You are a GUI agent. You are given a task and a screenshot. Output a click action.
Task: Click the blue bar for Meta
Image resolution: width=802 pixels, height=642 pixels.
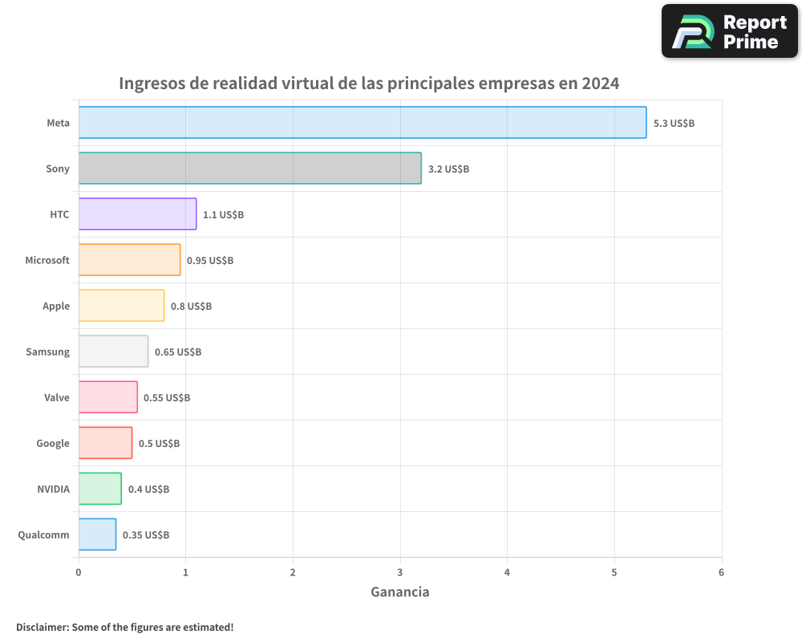pos(363,123)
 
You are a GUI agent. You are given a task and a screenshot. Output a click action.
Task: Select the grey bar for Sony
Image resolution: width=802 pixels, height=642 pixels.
pos(249,169)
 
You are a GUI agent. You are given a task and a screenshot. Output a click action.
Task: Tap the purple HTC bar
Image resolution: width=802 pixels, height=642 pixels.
pos(137,214)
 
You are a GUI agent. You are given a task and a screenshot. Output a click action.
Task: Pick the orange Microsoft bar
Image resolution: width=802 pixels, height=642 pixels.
pos(129,260)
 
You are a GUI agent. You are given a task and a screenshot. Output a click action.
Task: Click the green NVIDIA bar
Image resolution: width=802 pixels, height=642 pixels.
pos(100,489)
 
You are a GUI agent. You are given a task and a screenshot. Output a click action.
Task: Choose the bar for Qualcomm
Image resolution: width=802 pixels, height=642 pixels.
pos(97,534)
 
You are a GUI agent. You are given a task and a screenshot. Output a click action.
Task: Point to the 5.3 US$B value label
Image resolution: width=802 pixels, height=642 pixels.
pos(674,124)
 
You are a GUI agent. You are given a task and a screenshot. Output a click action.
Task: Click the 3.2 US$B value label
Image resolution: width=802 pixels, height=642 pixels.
pos(448,169)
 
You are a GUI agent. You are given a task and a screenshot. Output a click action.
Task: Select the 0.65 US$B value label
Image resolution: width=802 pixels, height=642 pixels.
pos(178,352)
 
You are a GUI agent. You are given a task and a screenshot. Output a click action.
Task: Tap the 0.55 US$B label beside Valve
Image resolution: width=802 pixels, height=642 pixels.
pos(167,398)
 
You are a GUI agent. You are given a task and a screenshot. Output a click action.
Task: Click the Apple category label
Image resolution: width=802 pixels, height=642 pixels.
pos(56,306)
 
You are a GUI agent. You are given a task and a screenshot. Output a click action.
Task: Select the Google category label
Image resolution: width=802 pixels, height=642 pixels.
pos(53,443)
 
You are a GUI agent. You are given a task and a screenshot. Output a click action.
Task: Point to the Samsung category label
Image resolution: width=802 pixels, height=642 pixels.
pos(47,351)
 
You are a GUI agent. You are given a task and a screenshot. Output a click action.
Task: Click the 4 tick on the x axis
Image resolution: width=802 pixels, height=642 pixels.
pos(507,572)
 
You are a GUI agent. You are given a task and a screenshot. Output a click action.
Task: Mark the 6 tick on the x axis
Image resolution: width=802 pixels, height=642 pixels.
pos(721,572)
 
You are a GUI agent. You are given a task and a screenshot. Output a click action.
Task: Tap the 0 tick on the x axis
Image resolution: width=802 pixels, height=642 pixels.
pos(79,572)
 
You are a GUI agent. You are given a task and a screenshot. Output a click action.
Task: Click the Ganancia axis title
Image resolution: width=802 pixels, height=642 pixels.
pos(399,592)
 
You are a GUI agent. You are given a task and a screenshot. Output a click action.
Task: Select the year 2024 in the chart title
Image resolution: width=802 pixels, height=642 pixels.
pos(601,83)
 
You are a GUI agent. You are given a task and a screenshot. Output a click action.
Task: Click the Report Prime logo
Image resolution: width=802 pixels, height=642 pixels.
pos(730,31)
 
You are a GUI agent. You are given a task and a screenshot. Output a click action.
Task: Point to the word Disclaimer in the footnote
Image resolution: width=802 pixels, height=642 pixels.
pos(42,627)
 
